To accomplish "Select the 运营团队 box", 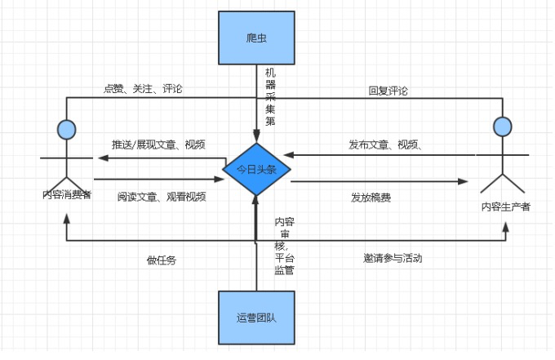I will click(256, 318).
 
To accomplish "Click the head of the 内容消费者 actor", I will click(67, 128).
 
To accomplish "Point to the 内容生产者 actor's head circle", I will click(504, 126).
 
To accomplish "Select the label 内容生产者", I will click(505, 207).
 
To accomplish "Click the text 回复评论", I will click(388, 91).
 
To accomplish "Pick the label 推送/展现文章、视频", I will click(158, 144).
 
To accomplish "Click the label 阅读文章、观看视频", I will click(161, 196).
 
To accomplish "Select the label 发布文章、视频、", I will click(385, 144).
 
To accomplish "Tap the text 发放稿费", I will click(371, 197).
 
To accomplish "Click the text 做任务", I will click(161, 260).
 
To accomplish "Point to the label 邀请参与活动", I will click(393, 258).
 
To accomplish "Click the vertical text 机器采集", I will click(270, 96).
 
